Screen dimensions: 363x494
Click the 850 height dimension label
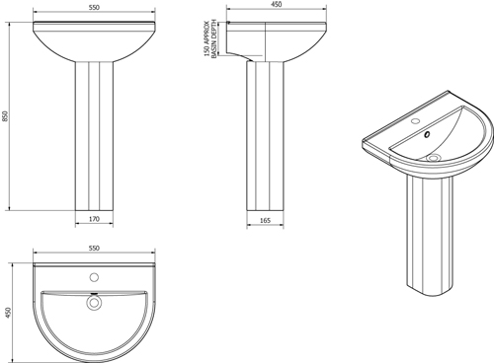point(9,117)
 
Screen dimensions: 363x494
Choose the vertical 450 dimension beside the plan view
point(9,313)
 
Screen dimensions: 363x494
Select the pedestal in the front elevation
point(94,138)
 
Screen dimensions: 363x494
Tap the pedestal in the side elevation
point(266,138)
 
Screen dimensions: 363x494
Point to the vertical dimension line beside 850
point(17,117)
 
